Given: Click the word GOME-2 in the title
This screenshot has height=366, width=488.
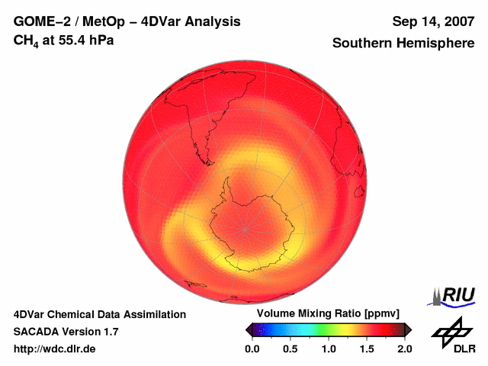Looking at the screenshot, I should click(x=39, y=21).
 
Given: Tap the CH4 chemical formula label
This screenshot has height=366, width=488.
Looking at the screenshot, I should click(x=26, y=40).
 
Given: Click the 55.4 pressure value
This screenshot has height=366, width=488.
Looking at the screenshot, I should click(x=72, y=40).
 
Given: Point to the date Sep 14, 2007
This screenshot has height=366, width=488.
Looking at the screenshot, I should click(x=433, y=21).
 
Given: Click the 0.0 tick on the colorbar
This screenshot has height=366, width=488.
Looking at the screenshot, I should click(x=252, y=348).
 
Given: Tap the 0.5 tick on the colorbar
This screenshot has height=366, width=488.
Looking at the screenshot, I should click(x=290, y=348).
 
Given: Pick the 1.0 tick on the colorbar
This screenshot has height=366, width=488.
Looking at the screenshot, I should click(x=329, y=348).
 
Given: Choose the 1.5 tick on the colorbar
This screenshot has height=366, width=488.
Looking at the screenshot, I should click(x=367, y=348).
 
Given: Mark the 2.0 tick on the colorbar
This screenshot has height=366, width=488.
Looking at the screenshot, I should click(x=404, y=348).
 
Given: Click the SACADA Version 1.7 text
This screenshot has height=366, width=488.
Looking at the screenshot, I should click(x=66, y=332).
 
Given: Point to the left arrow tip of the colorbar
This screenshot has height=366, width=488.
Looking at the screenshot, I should click(x=248, y=329).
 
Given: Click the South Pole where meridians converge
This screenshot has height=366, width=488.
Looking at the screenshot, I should click(x=246, y=228).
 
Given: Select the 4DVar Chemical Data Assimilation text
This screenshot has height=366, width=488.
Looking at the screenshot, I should click(x=100, y=314).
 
